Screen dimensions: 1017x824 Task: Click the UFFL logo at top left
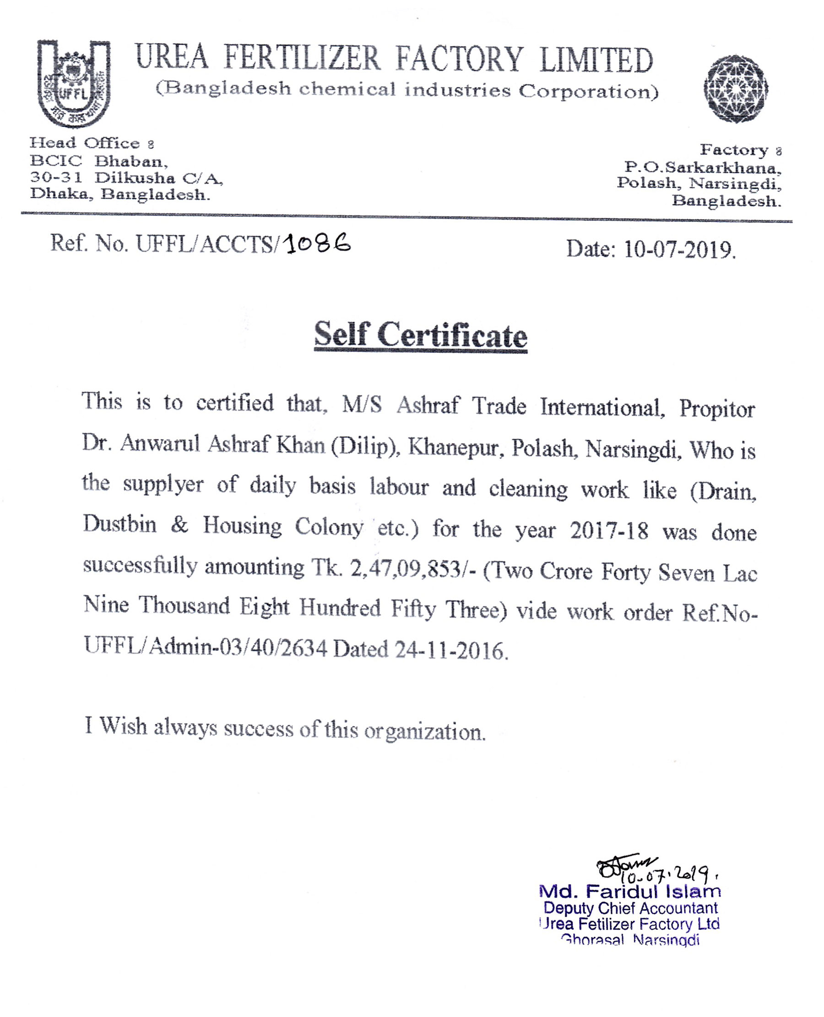point(74,83)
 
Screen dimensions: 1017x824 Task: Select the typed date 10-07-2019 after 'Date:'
point(679,249)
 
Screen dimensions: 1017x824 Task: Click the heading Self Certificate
point(421,335)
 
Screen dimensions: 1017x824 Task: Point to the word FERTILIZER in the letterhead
point(302,59)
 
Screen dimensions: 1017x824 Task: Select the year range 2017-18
point(609,530)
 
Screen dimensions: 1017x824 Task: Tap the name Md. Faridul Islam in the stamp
point(630,891)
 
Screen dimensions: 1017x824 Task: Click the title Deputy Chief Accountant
point(630,909)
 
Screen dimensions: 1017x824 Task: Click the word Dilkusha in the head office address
point(135,178)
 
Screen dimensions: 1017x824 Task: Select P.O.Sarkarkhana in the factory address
point(703,168)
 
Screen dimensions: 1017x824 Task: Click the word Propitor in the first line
point(717,409)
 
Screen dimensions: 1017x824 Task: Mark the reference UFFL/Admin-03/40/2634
point(206,647)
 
